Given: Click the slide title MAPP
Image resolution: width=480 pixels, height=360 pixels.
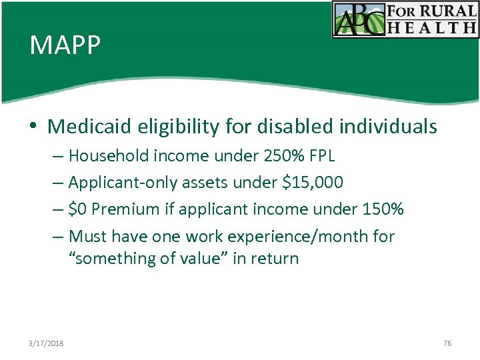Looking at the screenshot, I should (65, 46).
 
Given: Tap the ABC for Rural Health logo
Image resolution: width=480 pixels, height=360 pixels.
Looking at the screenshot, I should (405, 19).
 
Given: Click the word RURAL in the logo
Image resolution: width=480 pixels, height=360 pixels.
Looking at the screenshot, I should (447, 11).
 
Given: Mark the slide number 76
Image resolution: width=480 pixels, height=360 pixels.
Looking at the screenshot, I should (447, 343).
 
